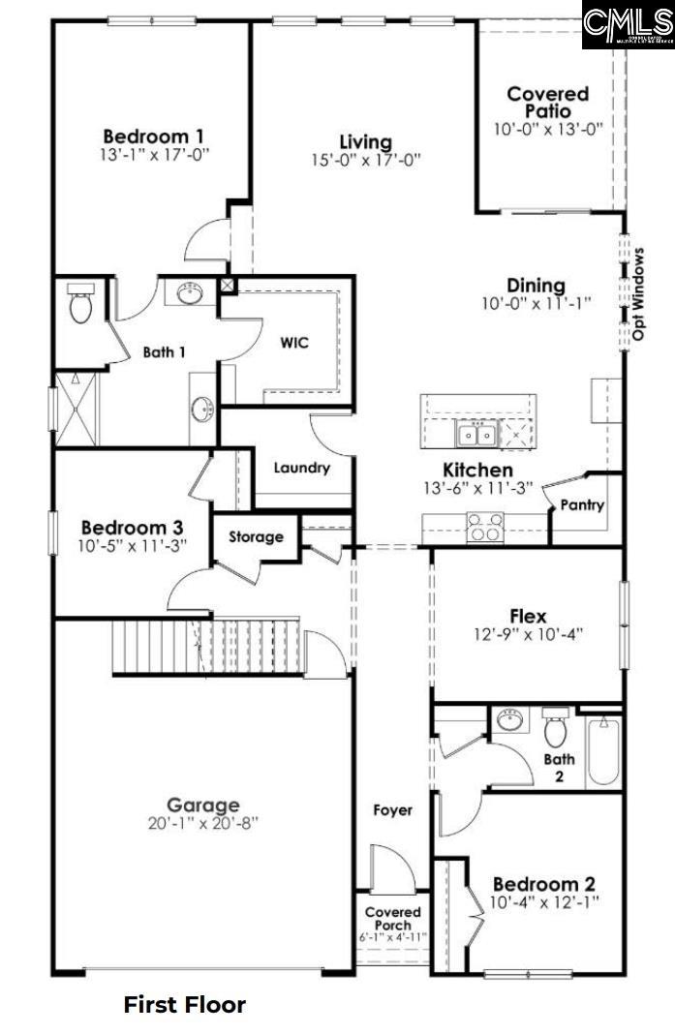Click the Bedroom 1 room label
point(153,136)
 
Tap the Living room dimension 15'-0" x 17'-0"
point(365,161)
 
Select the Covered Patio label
point(548,102)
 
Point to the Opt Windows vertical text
point(639,294)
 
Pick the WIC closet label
point(294,344)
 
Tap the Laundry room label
point(301,468)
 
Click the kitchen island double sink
point(476,436)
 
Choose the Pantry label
point(582,504)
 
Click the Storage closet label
point(257,536)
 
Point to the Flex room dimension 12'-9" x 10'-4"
point(528,635)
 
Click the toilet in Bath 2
point(555,728)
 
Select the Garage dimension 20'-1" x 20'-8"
point(202,823)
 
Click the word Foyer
point(392,809)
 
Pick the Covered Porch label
point(392,919)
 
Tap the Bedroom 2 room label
point(543,884)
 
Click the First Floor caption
point(184,1005)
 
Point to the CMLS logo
point(628,24)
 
